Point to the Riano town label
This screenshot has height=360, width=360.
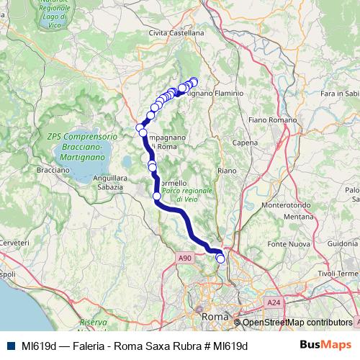click(226, 171)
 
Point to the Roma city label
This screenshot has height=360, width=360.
click(214, 316)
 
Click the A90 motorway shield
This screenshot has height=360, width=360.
click(184, 257)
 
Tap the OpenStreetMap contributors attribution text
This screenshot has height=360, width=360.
click(297, 323)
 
